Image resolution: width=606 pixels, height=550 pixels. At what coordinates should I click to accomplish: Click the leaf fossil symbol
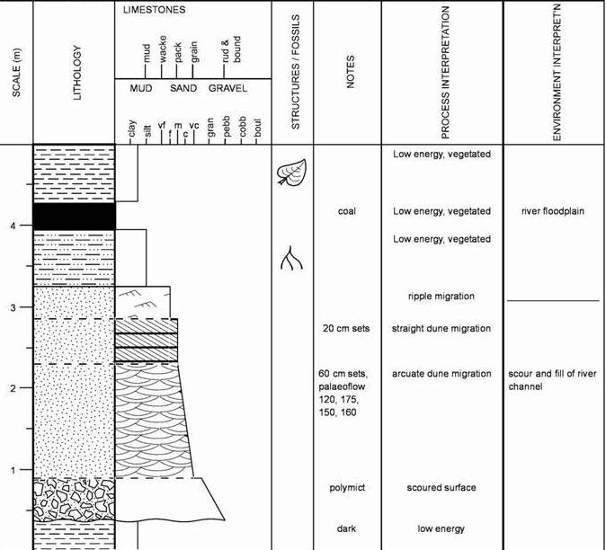291,170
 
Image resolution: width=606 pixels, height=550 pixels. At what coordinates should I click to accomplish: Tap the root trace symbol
291,258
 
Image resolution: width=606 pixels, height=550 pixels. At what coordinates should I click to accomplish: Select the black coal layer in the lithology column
75,217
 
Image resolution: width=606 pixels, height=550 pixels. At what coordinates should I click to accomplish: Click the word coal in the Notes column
346,212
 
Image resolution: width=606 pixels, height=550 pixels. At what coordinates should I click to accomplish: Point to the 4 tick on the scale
22,226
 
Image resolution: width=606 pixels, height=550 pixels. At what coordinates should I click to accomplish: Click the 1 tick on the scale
22,470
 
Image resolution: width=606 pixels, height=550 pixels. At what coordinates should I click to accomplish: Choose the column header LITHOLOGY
76,73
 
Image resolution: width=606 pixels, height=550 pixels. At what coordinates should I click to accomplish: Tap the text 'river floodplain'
552,212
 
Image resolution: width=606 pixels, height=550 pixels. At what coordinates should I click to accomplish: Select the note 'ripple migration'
441,297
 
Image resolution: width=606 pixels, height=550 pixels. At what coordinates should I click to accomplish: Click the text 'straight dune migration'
441,329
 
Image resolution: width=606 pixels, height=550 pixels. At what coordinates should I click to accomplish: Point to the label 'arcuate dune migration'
441,374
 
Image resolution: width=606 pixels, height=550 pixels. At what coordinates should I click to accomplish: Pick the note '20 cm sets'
346,329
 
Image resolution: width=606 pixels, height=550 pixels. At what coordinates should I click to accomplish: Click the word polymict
346,488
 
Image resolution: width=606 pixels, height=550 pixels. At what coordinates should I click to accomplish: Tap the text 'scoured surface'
441,488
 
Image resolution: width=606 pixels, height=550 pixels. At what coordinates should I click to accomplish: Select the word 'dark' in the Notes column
346,529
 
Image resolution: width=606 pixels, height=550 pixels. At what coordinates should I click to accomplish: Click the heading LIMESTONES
155,10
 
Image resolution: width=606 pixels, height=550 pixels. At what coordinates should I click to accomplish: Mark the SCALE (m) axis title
17,73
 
